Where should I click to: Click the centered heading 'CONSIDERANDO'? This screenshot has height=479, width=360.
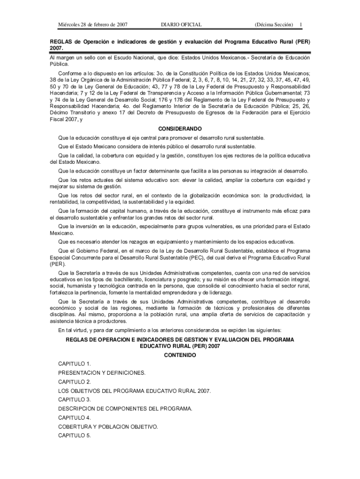coord(180,129)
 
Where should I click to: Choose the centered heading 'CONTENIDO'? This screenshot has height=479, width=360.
coord(180,355)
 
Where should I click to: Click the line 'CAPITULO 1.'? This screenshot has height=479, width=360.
coord(74,364)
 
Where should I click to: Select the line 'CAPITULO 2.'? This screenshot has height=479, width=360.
coord(74,382)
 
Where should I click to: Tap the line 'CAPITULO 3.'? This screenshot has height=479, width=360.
coord(74,399)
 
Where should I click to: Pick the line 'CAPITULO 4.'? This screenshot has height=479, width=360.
coord(74,417)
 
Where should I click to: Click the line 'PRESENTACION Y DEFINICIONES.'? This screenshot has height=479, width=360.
coord(102,373)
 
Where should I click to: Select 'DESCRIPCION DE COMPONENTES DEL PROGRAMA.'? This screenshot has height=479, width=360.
coord(125,408)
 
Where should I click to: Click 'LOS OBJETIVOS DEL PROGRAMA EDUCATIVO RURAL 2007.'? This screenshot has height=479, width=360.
coord(135,391)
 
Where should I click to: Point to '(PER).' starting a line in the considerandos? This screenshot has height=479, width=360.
coord(58,264)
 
